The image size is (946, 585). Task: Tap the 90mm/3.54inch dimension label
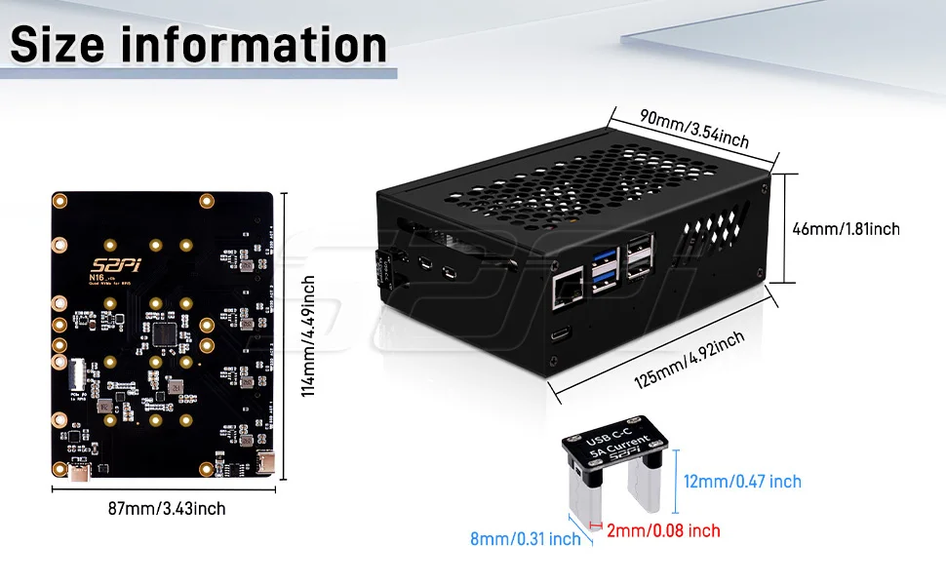[694, 128]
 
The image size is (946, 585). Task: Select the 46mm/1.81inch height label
[846, 230]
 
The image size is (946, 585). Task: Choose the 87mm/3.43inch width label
[169, 508]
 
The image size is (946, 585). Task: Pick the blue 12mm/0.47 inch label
[742, 482]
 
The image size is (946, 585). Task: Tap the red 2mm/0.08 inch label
[663, 531]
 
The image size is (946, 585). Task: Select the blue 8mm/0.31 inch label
[525, 538]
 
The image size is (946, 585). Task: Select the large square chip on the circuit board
[163, 334]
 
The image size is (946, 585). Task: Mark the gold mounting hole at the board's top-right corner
[206, 201]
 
